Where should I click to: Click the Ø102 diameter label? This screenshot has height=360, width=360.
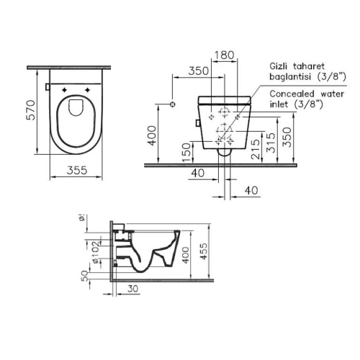pyautogui.click(x=95, y=250)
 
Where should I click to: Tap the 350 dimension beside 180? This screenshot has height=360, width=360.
pyautogui.click(x=197, y=71)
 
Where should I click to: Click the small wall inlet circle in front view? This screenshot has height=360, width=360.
pyautogui.click(x=172, y=105)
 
